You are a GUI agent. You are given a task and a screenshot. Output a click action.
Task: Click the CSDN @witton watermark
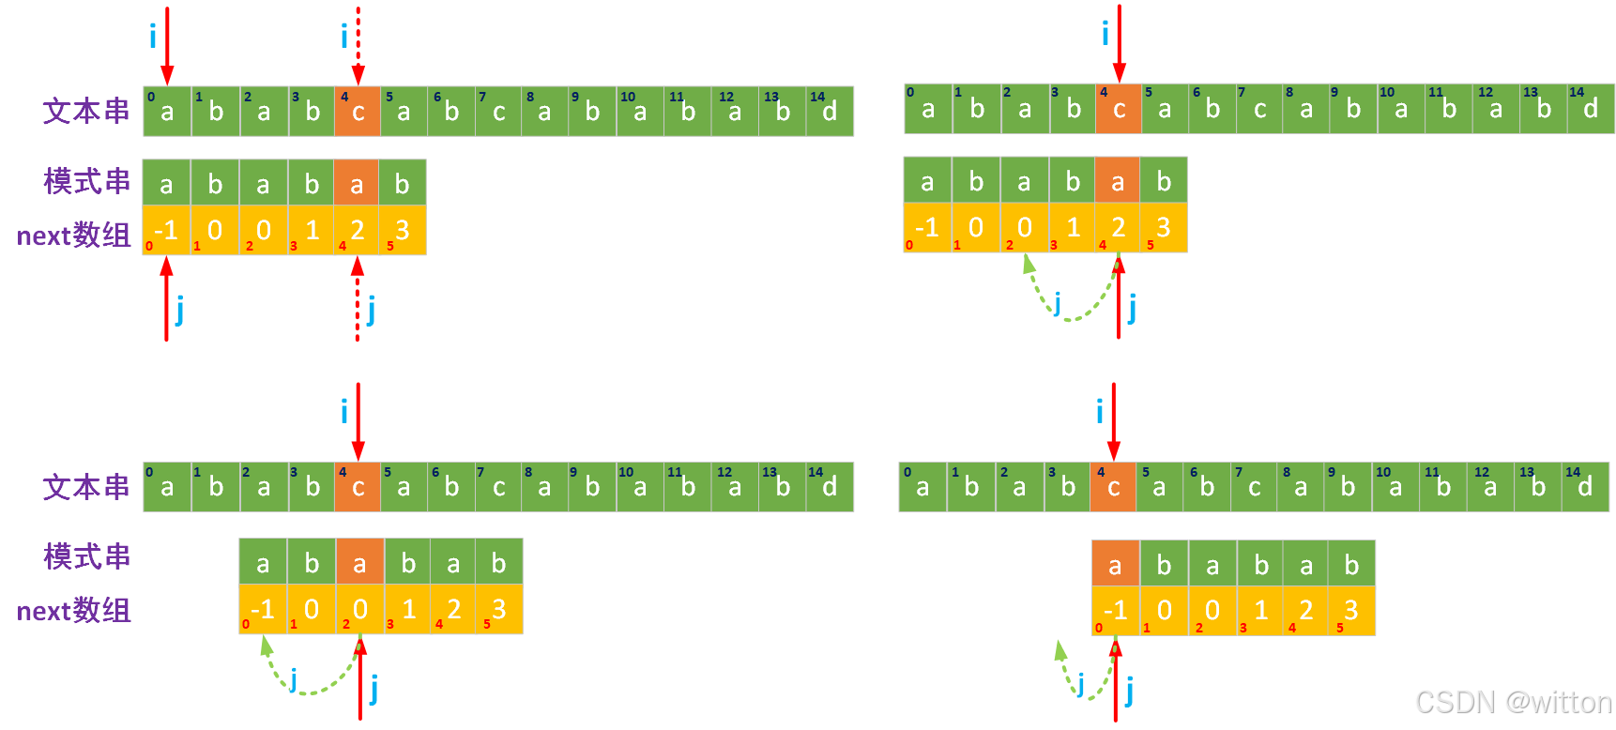pyautogui.click(x=1512, y=703)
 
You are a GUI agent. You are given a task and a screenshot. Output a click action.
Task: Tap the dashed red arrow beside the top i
pyautogui.click(x=358, y=45)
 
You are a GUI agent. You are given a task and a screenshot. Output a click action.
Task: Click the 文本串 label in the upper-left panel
pyautogui.click(x=86, y=111)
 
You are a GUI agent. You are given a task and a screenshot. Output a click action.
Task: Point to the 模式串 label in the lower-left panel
pyautogui.click(x=86, y=556)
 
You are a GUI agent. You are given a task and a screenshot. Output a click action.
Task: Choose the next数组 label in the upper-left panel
pyautogui.click(x=73, y=235)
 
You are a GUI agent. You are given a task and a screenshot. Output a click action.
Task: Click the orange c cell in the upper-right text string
pyautogui.click(x=1119, y=109)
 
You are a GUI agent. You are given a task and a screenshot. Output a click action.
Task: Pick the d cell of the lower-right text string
pyautogui.click(x=1585, y=487)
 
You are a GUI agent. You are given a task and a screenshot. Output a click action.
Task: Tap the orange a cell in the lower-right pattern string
pyautogui.click(x=1115, y=564)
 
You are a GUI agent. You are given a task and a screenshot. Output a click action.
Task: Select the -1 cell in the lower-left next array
pyautogui.click(x=263, y=609)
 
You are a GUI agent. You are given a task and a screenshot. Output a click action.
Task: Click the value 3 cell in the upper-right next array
pyautogui.click(x=1164, y=228)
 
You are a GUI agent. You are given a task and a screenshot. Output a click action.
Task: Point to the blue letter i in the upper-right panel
pyautogui.click(x=1105, y=36)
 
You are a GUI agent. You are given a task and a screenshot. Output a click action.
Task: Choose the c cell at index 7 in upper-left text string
pyautogui.click(x=498, y=112)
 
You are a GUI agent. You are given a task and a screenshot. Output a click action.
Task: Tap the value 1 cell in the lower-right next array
pyautogui.click(x=1260, y=611)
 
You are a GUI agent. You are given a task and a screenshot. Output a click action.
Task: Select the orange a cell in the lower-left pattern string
pyautogui.click(x=359, y=562)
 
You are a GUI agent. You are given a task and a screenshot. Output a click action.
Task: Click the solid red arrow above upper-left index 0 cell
pyautogui.click(x=167, y=45)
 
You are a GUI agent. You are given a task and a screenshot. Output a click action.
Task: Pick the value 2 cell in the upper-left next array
pyautogui.click(x=357, y=230)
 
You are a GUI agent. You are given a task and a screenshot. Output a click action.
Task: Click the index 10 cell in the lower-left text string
pyautogui.click(x=639, y=487)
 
